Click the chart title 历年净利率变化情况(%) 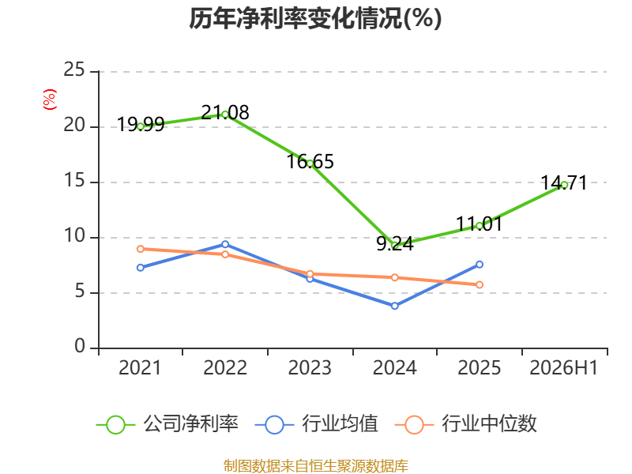(x=315, y=18)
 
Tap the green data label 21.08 (x=225, y=112)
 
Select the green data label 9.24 (x=394, y=244)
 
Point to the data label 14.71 (x=564, y=183)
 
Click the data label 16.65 (x=310, y=162)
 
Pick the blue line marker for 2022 (x=225, y=245)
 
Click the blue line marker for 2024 (x=394, y=306)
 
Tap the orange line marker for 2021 (x=141, y=249)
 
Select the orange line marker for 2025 (x=480, y=285)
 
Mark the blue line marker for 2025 (x=480, y=265)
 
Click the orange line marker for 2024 (x=394, y=278)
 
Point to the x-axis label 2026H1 (x=563, y=367)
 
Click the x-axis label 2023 (x=310, y=367)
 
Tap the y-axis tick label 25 (x=74, y=70)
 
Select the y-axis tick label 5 (x=80, y=291)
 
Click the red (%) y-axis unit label (x=50, y=100)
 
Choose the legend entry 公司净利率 (x=167, y=424)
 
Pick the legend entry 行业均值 (x=317, y=424)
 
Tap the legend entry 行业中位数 (x=466, y=424)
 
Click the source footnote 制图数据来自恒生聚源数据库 (x=315, y=466)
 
